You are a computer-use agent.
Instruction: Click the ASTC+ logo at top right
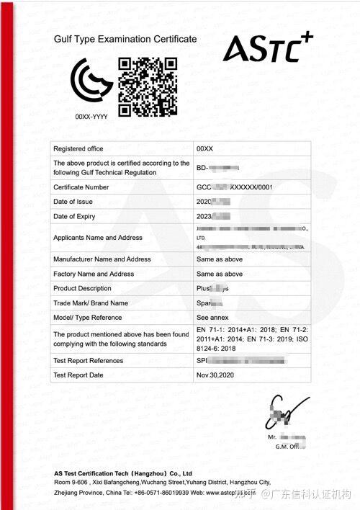(266, 48)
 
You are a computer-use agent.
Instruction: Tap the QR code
(148, 87)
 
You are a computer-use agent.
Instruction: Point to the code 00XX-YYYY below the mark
(91, 116)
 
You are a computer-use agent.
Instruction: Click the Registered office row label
(78, 148)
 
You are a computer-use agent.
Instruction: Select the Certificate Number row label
(81, 187)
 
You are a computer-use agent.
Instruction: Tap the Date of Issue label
(74, 202)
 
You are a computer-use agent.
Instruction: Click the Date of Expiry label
(75, 216)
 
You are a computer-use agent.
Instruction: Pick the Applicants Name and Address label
(98, 238)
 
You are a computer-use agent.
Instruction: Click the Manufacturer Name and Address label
(102, 259)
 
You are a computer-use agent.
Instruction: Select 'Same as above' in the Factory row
(220, 274)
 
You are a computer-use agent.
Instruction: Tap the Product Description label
(84, 288)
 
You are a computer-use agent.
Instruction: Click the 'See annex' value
(212, 317)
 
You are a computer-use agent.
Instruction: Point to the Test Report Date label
(78, 375)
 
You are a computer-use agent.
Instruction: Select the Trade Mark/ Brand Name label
(91, 303)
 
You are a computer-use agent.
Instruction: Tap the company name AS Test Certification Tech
(120, 473)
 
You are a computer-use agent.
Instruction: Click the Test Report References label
(89, 360)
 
